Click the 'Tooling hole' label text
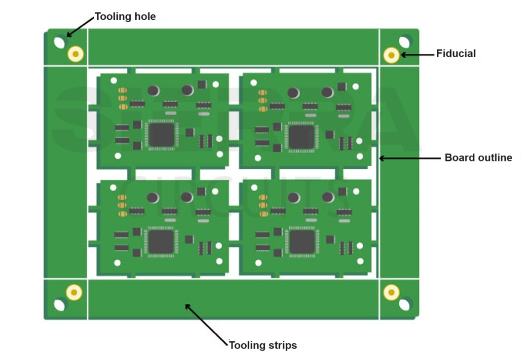tap(125, 16)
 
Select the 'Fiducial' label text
tap(456, 53)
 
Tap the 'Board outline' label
tap(478, 158)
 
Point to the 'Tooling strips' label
tap(263, 345)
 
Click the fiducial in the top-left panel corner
tap(76, 54)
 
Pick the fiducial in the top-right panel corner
tap(391, 55)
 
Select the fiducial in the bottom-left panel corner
tap(74, 292)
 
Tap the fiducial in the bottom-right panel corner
tap(391, 292)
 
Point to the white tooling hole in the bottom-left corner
tap(59, 305)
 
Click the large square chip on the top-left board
tap(161, 135)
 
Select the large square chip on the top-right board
tap(301, 136)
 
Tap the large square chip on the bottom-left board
tap(161, 241)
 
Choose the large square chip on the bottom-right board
tap(302, 242)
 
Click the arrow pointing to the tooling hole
tap(80, 27)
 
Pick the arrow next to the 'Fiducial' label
tap(417, 54)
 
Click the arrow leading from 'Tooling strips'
tap(206, 324)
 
